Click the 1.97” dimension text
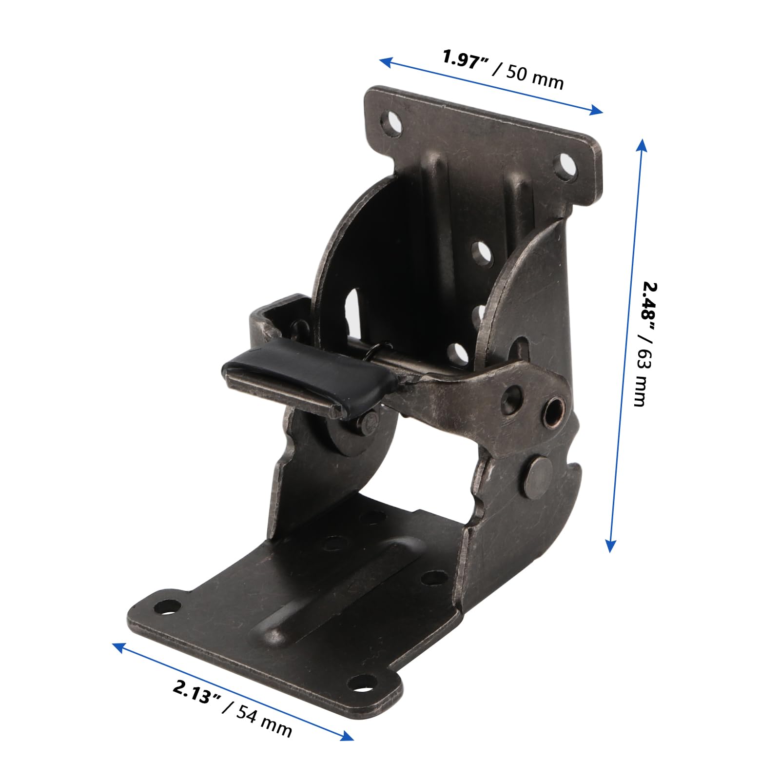(x=466, y=61)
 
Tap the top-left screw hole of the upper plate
(x=392, y=123)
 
